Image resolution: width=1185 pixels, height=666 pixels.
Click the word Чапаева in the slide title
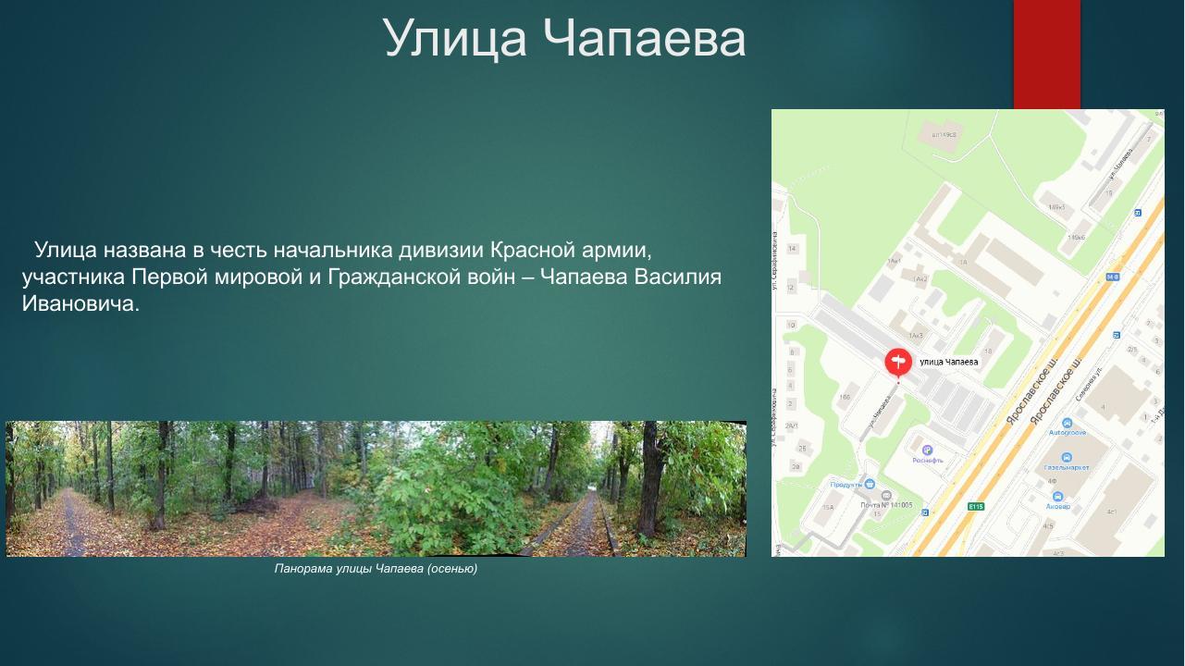(x=644, y=39)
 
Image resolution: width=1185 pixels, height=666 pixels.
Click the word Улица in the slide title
(x=455, y=39)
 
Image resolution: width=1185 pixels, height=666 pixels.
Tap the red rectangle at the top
(x=1046, y=54)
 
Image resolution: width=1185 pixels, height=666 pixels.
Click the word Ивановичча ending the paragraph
(x=80, y=303)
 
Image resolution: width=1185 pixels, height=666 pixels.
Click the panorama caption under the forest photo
(x=376, y=568)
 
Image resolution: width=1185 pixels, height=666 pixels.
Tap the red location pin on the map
(x=897, y=362)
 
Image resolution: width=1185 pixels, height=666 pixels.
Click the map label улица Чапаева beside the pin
(x=949, y=363)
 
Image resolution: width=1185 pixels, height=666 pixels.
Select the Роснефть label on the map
(x=927, y=460)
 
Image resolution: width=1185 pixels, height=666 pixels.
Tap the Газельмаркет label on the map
(x=1066, y=468)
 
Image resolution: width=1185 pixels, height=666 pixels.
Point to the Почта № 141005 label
(x=886, y=505)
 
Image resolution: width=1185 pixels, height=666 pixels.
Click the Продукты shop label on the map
(x=846, y=484)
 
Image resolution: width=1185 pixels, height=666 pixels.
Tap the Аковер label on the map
(x=1058, y=507)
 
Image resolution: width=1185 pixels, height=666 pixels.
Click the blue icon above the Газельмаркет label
(x=1066, y=458)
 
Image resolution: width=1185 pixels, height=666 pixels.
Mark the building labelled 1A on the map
(x=962, y=263)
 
